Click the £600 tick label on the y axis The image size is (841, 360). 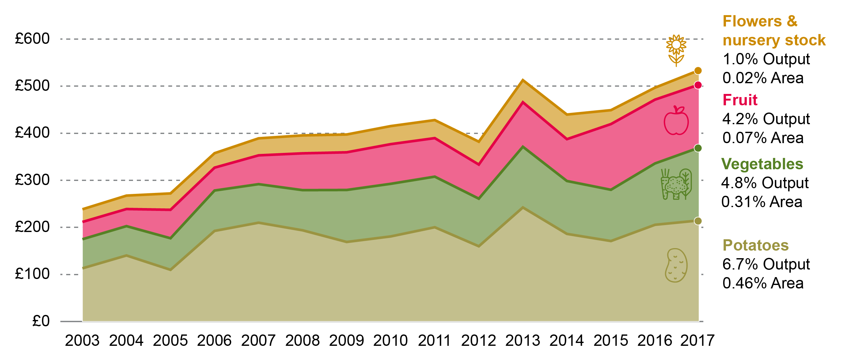coord(32,39)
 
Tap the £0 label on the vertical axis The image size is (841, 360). coord(41,321)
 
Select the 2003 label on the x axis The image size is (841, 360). coord(82,341)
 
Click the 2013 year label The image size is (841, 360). coord(523,341)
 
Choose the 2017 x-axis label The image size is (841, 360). coord(697,341)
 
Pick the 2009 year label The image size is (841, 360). coord(346,341)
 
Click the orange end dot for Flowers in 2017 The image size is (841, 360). coord(698,71)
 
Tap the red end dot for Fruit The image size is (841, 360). coord(698,85)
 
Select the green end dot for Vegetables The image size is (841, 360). coord(698,148)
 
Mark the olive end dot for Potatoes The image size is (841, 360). coord(698,221)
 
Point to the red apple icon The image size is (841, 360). coord(676,120)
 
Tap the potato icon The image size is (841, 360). coord(676,265)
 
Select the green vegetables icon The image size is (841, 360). coord(676,184)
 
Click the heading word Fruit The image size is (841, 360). coord(740,100)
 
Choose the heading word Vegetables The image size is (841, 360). coord(762,164)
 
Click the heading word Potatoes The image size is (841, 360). coord(756,245)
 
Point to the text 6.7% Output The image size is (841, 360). coord(766,264)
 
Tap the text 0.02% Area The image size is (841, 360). coord(763,78)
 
